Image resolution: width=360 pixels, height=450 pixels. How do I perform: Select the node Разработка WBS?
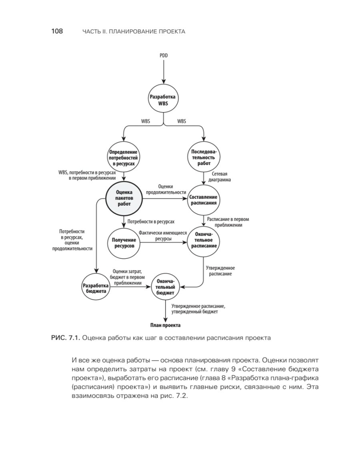coord(164,100)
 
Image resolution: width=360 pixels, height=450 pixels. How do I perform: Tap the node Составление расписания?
coord(204,200)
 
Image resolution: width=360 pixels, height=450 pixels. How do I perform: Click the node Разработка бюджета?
coord(94,288)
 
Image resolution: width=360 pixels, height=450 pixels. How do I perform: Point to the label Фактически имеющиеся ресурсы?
coord(162,236)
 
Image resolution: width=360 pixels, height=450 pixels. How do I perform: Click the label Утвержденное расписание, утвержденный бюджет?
coord(198,308)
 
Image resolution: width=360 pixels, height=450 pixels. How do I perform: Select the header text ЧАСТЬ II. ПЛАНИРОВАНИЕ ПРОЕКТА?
coord(134,31)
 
